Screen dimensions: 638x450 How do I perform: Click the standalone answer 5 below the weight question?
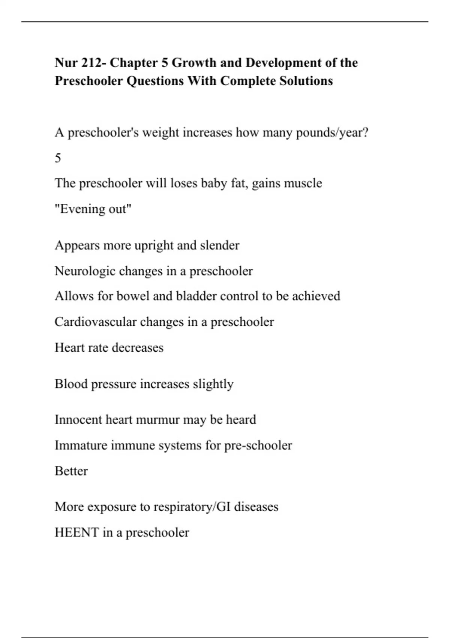(x=58, y=158)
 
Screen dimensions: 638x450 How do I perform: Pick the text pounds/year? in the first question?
(x=332, y=133)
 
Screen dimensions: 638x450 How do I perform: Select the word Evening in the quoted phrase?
(x=79, y=209)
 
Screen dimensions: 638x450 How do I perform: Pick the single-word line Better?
(x=71, y=471)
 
